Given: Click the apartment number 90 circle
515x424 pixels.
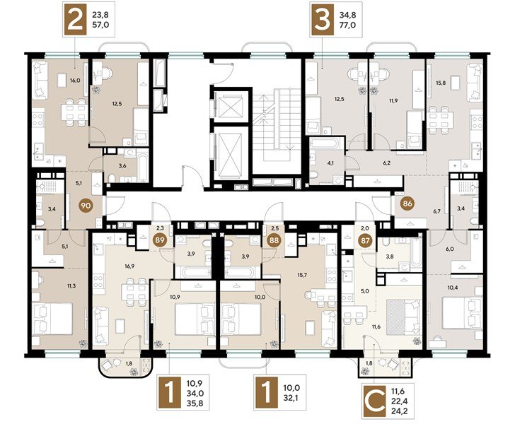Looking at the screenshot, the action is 86,206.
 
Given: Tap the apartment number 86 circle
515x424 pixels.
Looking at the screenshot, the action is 407,204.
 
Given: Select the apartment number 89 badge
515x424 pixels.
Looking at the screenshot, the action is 160,240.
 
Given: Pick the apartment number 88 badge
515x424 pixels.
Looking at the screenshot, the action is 274,240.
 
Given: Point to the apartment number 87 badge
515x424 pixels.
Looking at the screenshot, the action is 365,240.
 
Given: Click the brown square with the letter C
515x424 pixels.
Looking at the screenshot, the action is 374,401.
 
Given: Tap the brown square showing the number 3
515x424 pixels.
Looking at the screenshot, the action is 322,20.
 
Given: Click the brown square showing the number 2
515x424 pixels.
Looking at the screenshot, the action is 75,20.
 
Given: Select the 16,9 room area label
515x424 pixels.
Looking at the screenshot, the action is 129,266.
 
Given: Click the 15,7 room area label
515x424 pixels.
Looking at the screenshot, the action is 301,275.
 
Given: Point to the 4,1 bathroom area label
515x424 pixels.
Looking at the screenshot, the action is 330,163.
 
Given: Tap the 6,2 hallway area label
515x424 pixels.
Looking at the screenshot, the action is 386,163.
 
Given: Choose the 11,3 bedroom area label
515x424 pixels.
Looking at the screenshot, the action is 71,285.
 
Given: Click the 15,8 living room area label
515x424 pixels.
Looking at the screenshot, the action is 441,83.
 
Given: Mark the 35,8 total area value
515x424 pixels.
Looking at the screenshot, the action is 195,403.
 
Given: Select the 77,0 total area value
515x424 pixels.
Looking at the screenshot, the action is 348,25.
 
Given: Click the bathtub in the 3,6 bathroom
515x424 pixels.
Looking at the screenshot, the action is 143,166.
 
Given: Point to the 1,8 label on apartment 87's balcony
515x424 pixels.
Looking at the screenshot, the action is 369,363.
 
